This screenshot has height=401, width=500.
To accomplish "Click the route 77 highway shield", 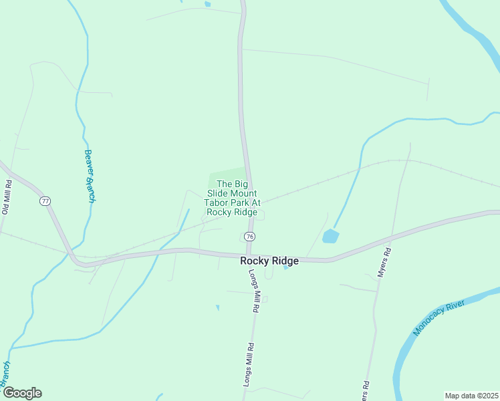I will pos(45,201).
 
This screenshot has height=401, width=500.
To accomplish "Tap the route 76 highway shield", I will pos(249,237).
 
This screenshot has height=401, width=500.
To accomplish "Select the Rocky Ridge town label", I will pos(269,261).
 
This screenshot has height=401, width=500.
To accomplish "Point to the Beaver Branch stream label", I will pos(90,176).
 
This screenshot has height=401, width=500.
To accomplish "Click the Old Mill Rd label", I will pos(7,196).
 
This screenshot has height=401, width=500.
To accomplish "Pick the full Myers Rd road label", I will pos(383,263).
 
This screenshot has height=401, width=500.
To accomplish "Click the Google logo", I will pos(21,393).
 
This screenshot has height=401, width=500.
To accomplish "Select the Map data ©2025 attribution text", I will pos(471,396).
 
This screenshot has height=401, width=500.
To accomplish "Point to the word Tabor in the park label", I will pos(217,203).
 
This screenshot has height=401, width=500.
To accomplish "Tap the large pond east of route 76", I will pos(330,236).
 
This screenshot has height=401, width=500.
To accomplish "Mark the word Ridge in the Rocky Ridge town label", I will pos(285,261).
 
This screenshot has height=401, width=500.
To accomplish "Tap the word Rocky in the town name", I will pos(255,261).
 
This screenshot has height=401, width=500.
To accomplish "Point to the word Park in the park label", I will pos(240,203).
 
